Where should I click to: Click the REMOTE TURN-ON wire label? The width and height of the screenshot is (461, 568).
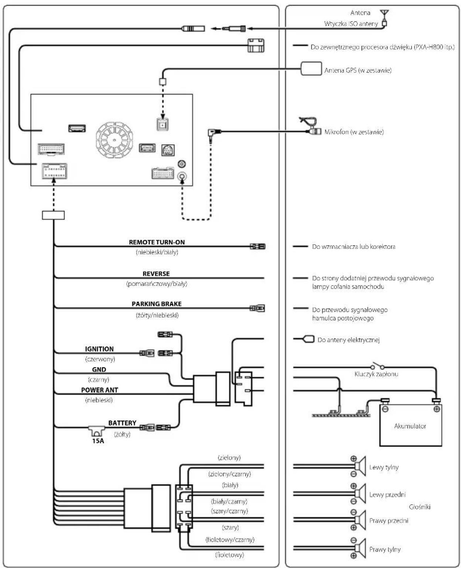157,242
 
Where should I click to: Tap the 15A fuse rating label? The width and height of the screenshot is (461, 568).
98,441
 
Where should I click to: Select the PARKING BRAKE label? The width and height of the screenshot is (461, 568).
156,304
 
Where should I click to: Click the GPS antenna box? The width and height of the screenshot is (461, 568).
311,68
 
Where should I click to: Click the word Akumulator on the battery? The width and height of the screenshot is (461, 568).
410,426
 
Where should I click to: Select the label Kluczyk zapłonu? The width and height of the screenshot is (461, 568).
376,374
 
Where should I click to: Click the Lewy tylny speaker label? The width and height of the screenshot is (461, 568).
384,467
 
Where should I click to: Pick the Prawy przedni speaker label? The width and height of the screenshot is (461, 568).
389,521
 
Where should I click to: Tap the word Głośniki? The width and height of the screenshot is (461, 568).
419,507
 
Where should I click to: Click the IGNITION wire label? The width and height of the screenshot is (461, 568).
99,349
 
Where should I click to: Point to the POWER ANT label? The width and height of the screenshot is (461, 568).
99,390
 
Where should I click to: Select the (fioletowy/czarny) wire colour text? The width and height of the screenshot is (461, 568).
230,540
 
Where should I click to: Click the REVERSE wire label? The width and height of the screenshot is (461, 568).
156,273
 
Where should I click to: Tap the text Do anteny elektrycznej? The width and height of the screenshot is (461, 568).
348,340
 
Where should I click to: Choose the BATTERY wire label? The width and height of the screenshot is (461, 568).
122,423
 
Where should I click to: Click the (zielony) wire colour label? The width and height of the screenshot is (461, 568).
229,458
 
